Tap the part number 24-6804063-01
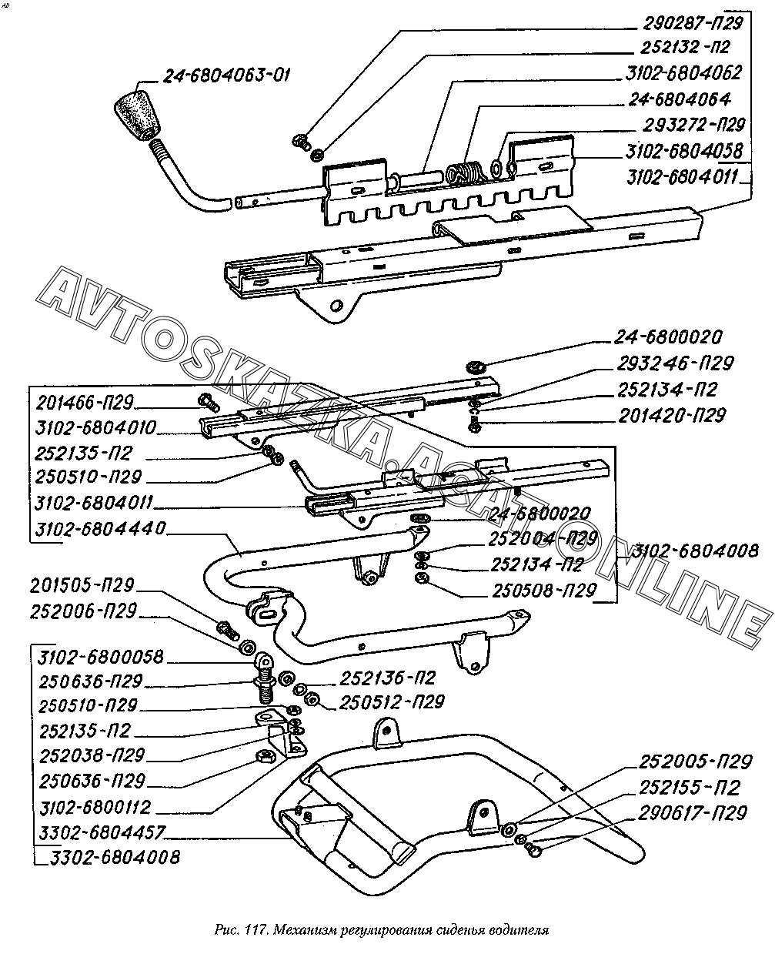click(x=226, y=75)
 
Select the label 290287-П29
click(x=685, y=22)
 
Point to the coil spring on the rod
click(x=463, y=172)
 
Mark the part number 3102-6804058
click(x=684, y=150)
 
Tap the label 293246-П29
click(x=675, y=363)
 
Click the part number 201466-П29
click(x=85, y=403)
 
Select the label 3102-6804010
click(x=95, y=428)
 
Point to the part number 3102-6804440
click(x=100, y=530)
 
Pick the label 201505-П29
click(x=83, y=585)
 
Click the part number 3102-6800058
click(x=100, y=657)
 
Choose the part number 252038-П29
click(x=91, y=755)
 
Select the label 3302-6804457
click(x=101, y=833)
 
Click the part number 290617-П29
click(x=692, y=814)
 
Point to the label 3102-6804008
click(x=696, y=550)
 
